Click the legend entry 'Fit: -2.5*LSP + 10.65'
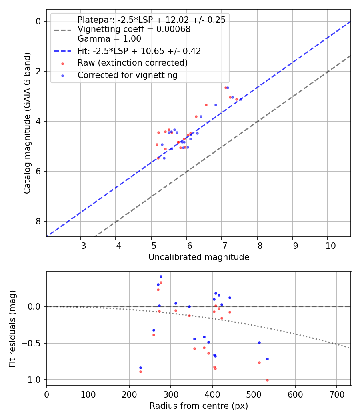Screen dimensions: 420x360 point(139,51)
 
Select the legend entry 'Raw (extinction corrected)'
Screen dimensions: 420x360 point(132,63)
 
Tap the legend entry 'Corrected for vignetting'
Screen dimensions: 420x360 point(128,75)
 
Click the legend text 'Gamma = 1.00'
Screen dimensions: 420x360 point(109,39)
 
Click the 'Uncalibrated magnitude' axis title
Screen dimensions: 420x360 point(199,257)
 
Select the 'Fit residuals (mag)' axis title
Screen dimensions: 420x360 point(13,328)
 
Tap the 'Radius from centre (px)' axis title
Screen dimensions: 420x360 point(199,406)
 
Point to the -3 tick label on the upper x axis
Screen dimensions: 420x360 point(80,244)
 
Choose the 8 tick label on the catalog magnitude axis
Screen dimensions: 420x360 point(38,221)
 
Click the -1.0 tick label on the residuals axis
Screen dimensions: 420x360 point(35,380)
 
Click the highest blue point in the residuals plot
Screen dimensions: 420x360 point(161,276)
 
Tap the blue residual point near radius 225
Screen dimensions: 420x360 point(140,368)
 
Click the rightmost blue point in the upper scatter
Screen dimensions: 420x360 point(241,99)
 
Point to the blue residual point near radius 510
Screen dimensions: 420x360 point(259,342)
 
